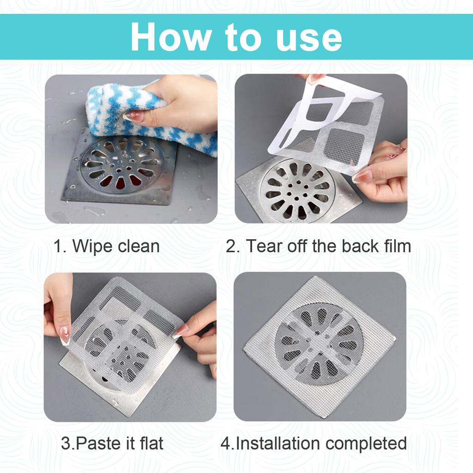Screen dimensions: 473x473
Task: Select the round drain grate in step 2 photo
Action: tap(296, 189)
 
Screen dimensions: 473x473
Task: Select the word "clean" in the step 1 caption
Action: tap(138, 246)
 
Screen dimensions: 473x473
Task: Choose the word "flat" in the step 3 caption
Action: tap(152, 443)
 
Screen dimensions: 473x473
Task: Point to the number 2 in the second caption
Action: tap(230, 246)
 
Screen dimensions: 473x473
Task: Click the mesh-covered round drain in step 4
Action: tap(319, 344)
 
